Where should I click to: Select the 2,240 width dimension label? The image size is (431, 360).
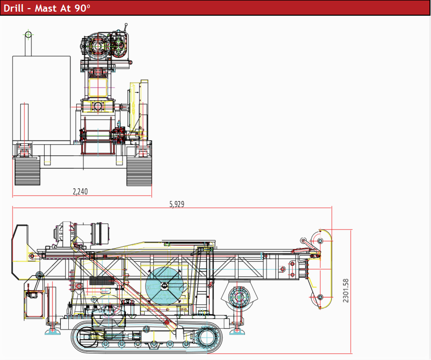point(80,191)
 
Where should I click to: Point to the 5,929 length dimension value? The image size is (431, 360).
point(177,205)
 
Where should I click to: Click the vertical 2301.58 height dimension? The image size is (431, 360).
point(346,291)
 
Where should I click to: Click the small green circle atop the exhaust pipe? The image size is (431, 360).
point(28,34)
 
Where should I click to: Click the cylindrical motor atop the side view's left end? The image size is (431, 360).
point(99,234)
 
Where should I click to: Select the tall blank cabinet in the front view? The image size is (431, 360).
point(41,99)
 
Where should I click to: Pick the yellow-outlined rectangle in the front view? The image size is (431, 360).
point(99,84)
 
